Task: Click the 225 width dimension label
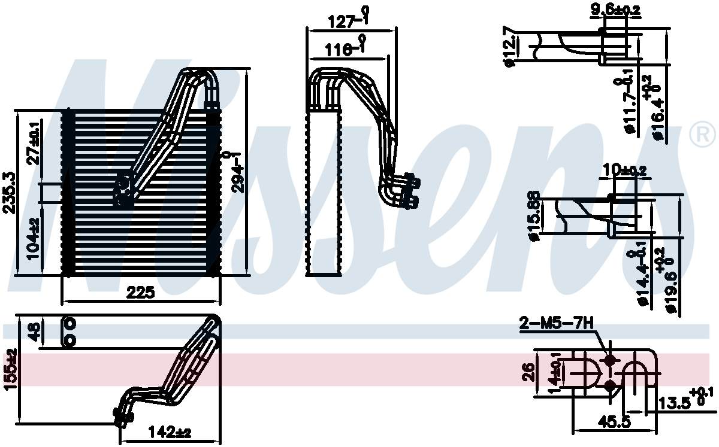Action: tap(141, 293)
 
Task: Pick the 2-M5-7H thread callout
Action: tap(556, 324)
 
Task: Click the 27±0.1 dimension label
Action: tap(34, 142)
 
